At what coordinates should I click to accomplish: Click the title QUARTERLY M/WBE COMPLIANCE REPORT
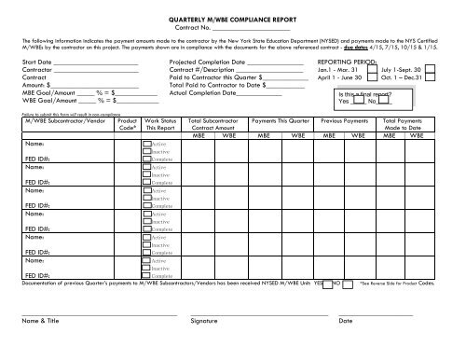[232, 18]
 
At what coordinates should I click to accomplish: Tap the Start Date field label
[36, 61]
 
